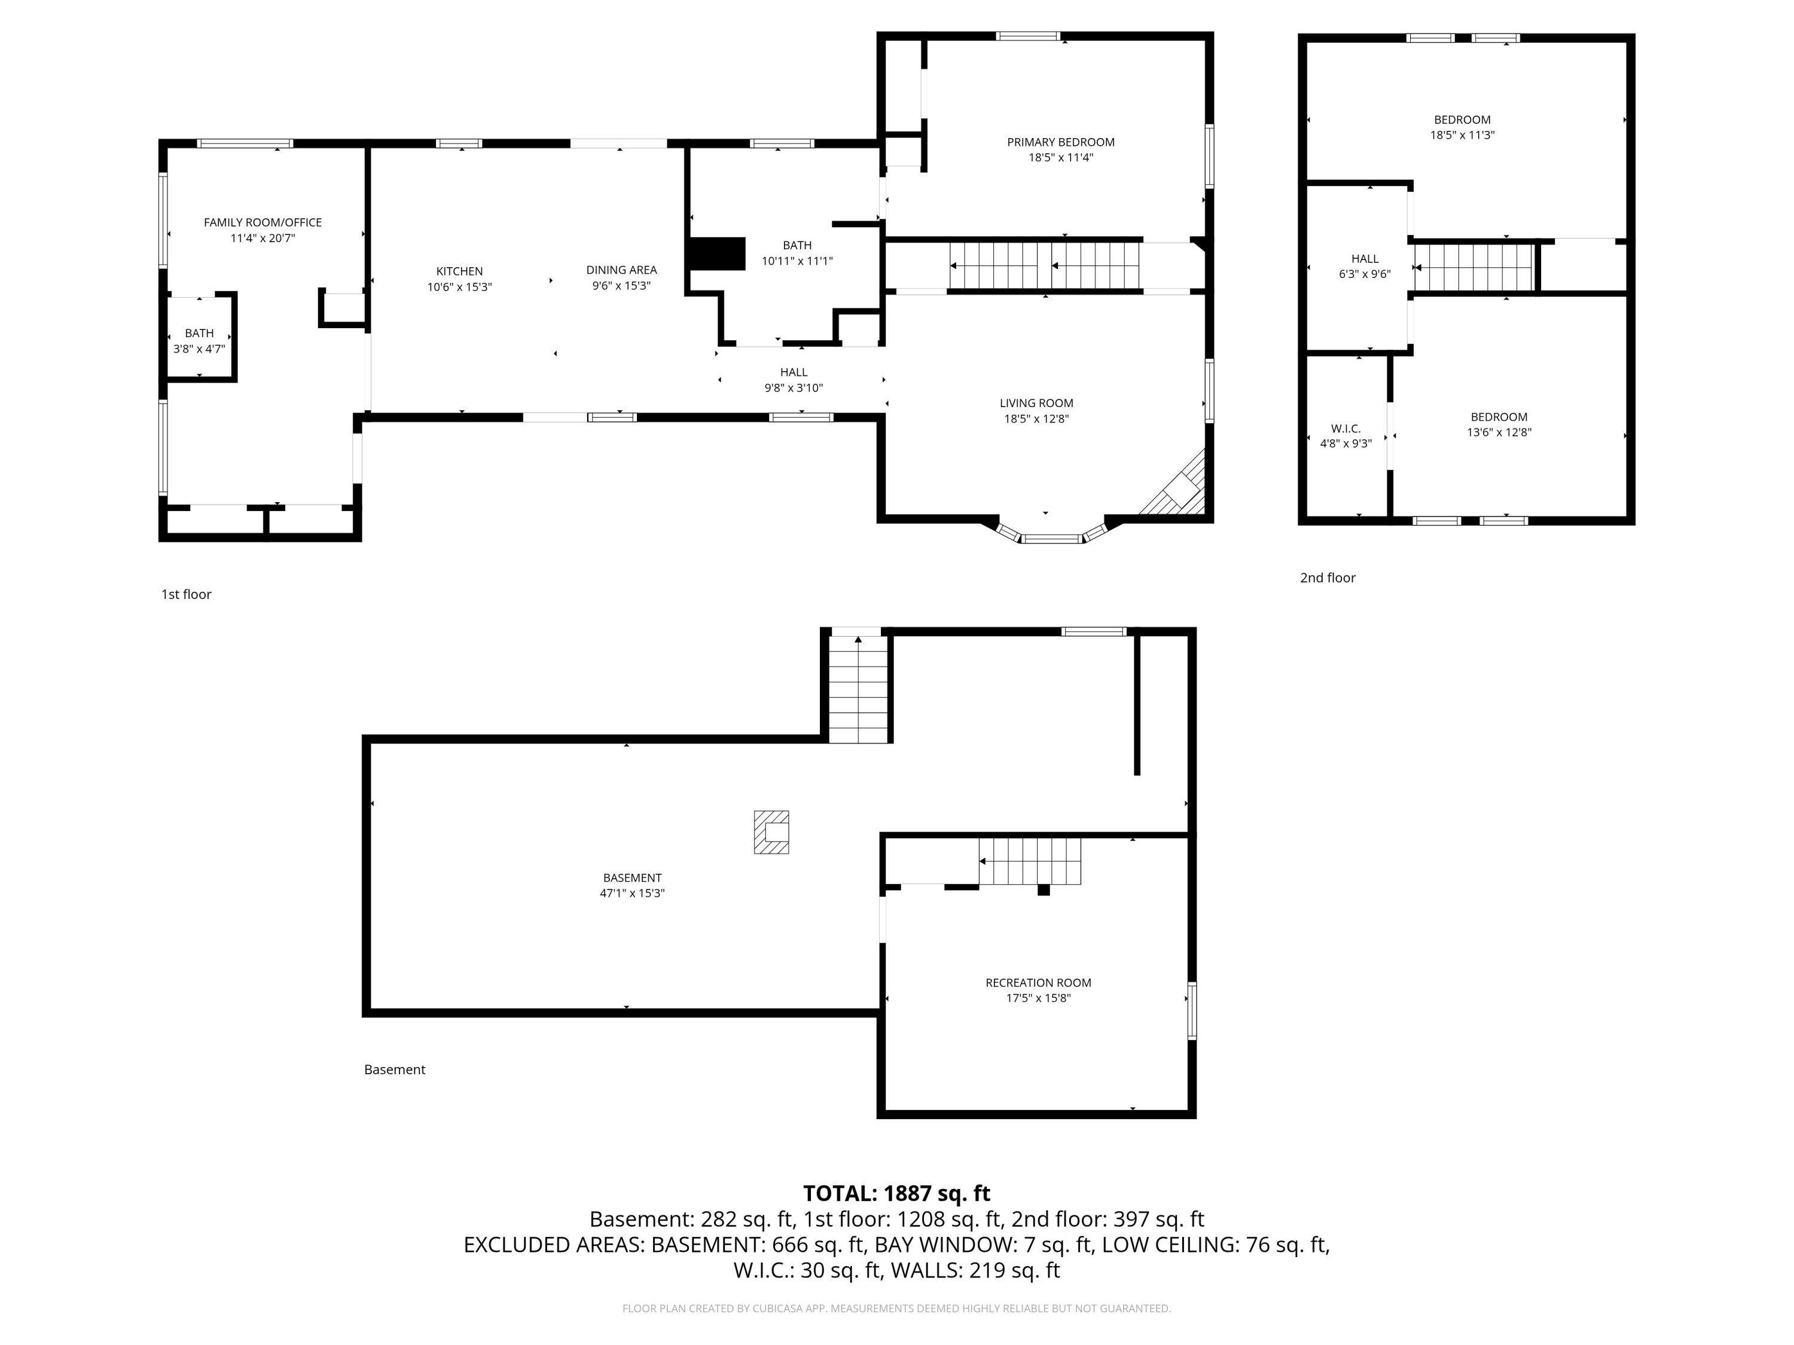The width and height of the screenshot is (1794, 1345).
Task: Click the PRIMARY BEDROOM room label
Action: point(1061,142)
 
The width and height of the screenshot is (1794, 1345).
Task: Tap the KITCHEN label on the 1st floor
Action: point(459,271)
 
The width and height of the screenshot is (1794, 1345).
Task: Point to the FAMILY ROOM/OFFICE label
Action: point(263,222)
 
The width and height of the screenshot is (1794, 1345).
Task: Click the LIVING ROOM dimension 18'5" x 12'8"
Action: point(1036,419)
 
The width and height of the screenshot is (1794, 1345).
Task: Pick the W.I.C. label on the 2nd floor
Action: point(1345,429)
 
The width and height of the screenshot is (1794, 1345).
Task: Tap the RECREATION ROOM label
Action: point(1038,983)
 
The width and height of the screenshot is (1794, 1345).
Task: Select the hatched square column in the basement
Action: point(771,832)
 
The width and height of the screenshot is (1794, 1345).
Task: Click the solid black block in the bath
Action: point(716,254)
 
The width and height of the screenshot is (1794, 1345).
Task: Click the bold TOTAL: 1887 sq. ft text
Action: point(896,1193)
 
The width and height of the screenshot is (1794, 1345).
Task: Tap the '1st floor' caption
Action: point(186,594)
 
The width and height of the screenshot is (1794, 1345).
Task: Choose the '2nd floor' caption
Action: point(1328,578)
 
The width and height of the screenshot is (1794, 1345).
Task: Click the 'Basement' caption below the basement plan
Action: point(394,1069)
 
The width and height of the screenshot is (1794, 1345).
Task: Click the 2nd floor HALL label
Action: point(1365,259)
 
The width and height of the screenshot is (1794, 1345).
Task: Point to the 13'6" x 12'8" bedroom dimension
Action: point(1499,433)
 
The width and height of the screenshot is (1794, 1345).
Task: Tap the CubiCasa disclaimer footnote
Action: point(896,1309)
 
